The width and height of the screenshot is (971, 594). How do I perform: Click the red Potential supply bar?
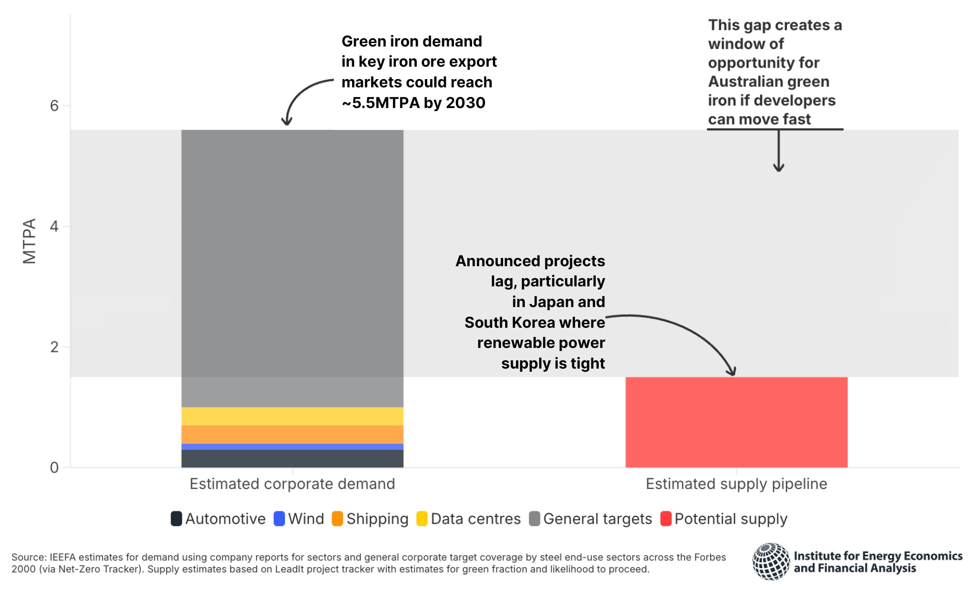[736, 422]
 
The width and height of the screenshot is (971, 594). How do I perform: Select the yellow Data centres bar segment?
[292, 416]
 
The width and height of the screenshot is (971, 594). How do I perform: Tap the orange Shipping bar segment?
[292, 434]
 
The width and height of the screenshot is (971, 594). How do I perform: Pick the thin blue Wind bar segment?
[292, 447]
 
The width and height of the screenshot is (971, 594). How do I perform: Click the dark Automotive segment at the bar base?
[292, 459]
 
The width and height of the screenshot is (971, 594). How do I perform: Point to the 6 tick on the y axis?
[54, 106]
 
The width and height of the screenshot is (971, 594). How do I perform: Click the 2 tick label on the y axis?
[54, 347]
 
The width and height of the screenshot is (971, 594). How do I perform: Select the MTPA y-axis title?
[29, 241]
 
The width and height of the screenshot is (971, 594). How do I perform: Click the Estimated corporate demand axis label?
[292, 484]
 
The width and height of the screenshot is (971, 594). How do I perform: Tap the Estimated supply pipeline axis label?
[736, 484]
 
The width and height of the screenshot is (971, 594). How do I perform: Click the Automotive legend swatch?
[176, 519]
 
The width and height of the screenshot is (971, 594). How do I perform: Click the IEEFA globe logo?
[770, 561]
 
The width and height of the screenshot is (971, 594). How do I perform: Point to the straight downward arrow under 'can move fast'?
[779, 150]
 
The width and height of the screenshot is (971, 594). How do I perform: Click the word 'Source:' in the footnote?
[29, 557]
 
